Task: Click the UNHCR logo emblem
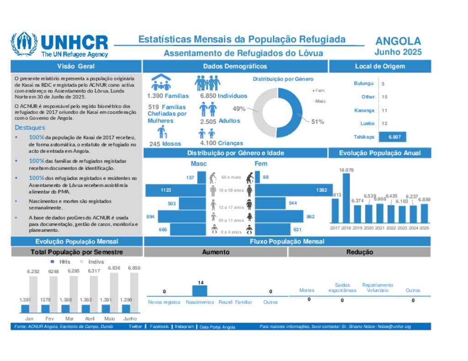24,44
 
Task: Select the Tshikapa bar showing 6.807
393,137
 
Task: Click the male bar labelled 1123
175,190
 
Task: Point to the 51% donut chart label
318,121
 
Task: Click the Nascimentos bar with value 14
200,291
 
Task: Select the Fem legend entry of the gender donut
319,91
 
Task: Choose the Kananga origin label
364,110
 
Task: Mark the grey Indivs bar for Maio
114,293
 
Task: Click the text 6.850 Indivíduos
223,96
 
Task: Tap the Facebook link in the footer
159,327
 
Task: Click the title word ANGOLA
398,42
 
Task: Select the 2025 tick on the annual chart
424,227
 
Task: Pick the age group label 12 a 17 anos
231,207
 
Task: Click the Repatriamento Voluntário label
378,287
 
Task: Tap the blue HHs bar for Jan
25,309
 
